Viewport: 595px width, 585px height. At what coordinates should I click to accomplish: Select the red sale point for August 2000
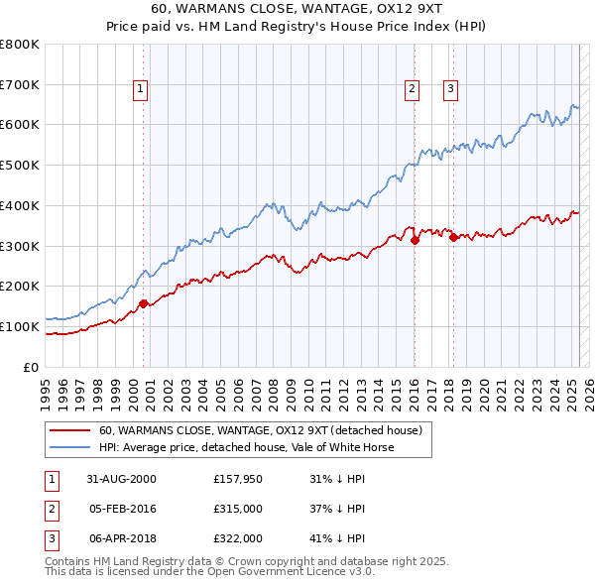click(x=144, y=303)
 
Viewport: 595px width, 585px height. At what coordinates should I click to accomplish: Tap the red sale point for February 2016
click(x=415, y=240)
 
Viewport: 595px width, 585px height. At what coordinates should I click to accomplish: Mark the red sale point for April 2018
click(x=453, y=237)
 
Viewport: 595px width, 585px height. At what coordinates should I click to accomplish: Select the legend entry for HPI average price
click(x=246, y=447)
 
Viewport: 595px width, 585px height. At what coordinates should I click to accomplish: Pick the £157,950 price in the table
click(x=237, y=479)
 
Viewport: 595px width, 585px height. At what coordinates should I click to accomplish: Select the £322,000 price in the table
click(x=237, y=538)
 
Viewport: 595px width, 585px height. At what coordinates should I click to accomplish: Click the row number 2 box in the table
click(x=51, y=509)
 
